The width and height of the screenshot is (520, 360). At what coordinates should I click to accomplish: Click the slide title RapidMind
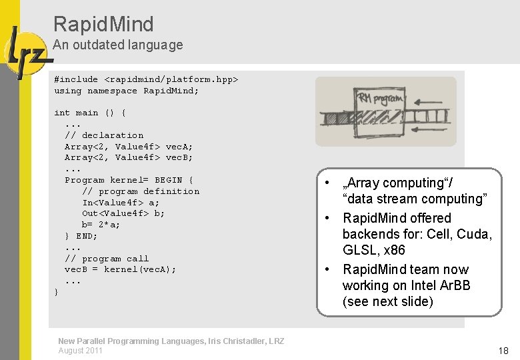click(x=103, y=25)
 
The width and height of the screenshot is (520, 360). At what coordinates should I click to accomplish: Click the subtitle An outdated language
click(x=117, y=45)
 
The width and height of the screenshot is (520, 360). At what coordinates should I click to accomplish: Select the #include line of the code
click(x=146, y=79)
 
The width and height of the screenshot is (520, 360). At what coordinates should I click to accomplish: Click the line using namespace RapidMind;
click(x=126, y=91)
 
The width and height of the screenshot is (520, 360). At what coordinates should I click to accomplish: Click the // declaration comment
click(x=103, y=135)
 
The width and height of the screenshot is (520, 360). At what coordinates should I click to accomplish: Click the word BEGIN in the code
click(x=168, y=180)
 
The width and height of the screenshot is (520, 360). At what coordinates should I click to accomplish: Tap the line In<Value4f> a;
click(x=121, y=203)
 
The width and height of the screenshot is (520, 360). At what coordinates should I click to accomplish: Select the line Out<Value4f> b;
click(x=123, y=214)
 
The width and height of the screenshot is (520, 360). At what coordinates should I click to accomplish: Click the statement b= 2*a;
click(x=101, y=225)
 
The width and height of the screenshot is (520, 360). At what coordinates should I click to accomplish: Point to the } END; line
click(x=81, y=236)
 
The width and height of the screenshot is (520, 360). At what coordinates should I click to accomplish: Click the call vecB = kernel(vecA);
click(x=120, y=270)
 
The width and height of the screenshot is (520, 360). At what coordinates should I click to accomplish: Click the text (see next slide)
click(x=387, y=301)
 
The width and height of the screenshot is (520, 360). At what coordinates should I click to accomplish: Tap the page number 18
click(x=503, y=351)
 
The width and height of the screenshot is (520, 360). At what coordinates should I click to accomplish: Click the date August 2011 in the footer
click(x=80, y=351)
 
